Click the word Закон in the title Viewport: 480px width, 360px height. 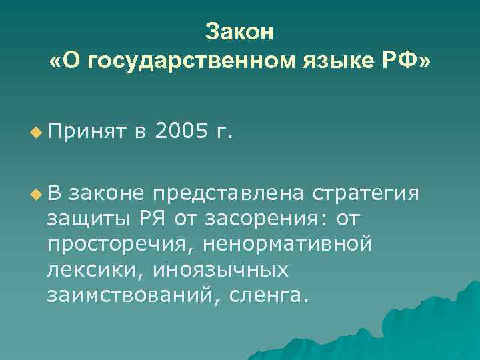tap(239, 31)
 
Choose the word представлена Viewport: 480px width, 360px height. tap(229, 193)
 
